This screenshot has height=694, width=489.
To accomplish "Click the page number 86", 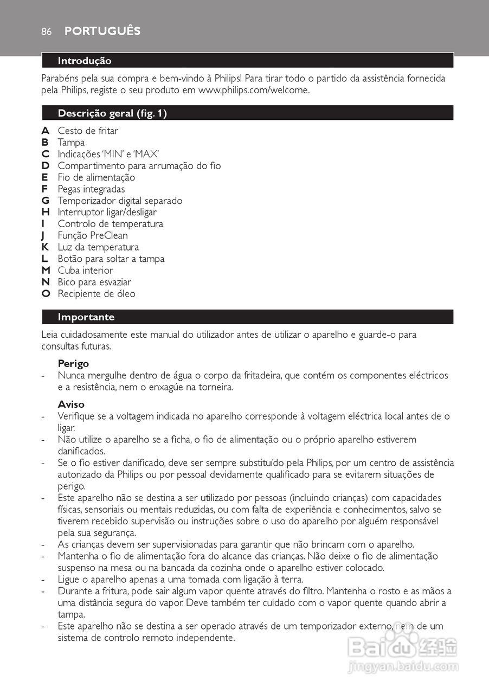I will [46, 32].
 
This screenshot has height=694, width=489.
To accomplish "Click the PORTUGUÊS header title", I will [102, 31].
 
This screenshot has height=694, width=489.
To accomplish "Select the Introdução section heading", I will [85, 61].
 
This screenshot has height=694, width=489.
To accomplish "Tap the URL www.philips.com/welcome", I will [254, 90].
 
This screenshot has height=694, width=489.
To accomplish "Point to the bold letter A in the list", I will [46, 131].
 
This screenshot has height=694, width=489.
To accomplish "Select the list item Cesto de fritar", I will [88, 131].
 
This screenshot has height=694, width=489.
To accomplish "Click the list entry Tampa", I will [71, 143].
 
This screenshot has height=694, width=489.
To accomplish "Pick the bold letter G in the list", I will [46, 201].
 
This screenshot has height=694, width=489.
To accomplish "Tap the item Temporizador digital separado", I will [120, 201].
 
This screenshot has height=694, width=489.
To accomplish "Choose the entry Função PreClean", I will [93, 235].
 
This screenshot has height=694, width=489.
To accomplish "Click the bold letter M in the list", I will [46, 270].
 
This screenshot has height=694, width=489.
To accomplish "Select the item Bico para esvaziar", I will [94, 282].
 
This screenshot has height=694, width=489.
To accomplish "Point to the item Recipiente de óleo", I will [96, 294].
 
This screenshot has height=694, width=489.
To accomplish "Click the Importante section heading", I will [86, 317].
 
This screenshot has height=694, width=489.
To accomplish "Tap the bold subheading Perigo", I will [73, 364].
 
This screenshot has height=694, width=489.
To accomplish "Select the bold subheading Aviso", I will [71, 404].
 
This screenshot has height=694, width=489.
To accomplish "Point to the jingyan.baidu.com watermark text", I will [403, 666].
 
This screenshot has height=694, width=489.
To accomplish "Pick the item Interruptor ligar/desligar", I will [107, 212].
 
